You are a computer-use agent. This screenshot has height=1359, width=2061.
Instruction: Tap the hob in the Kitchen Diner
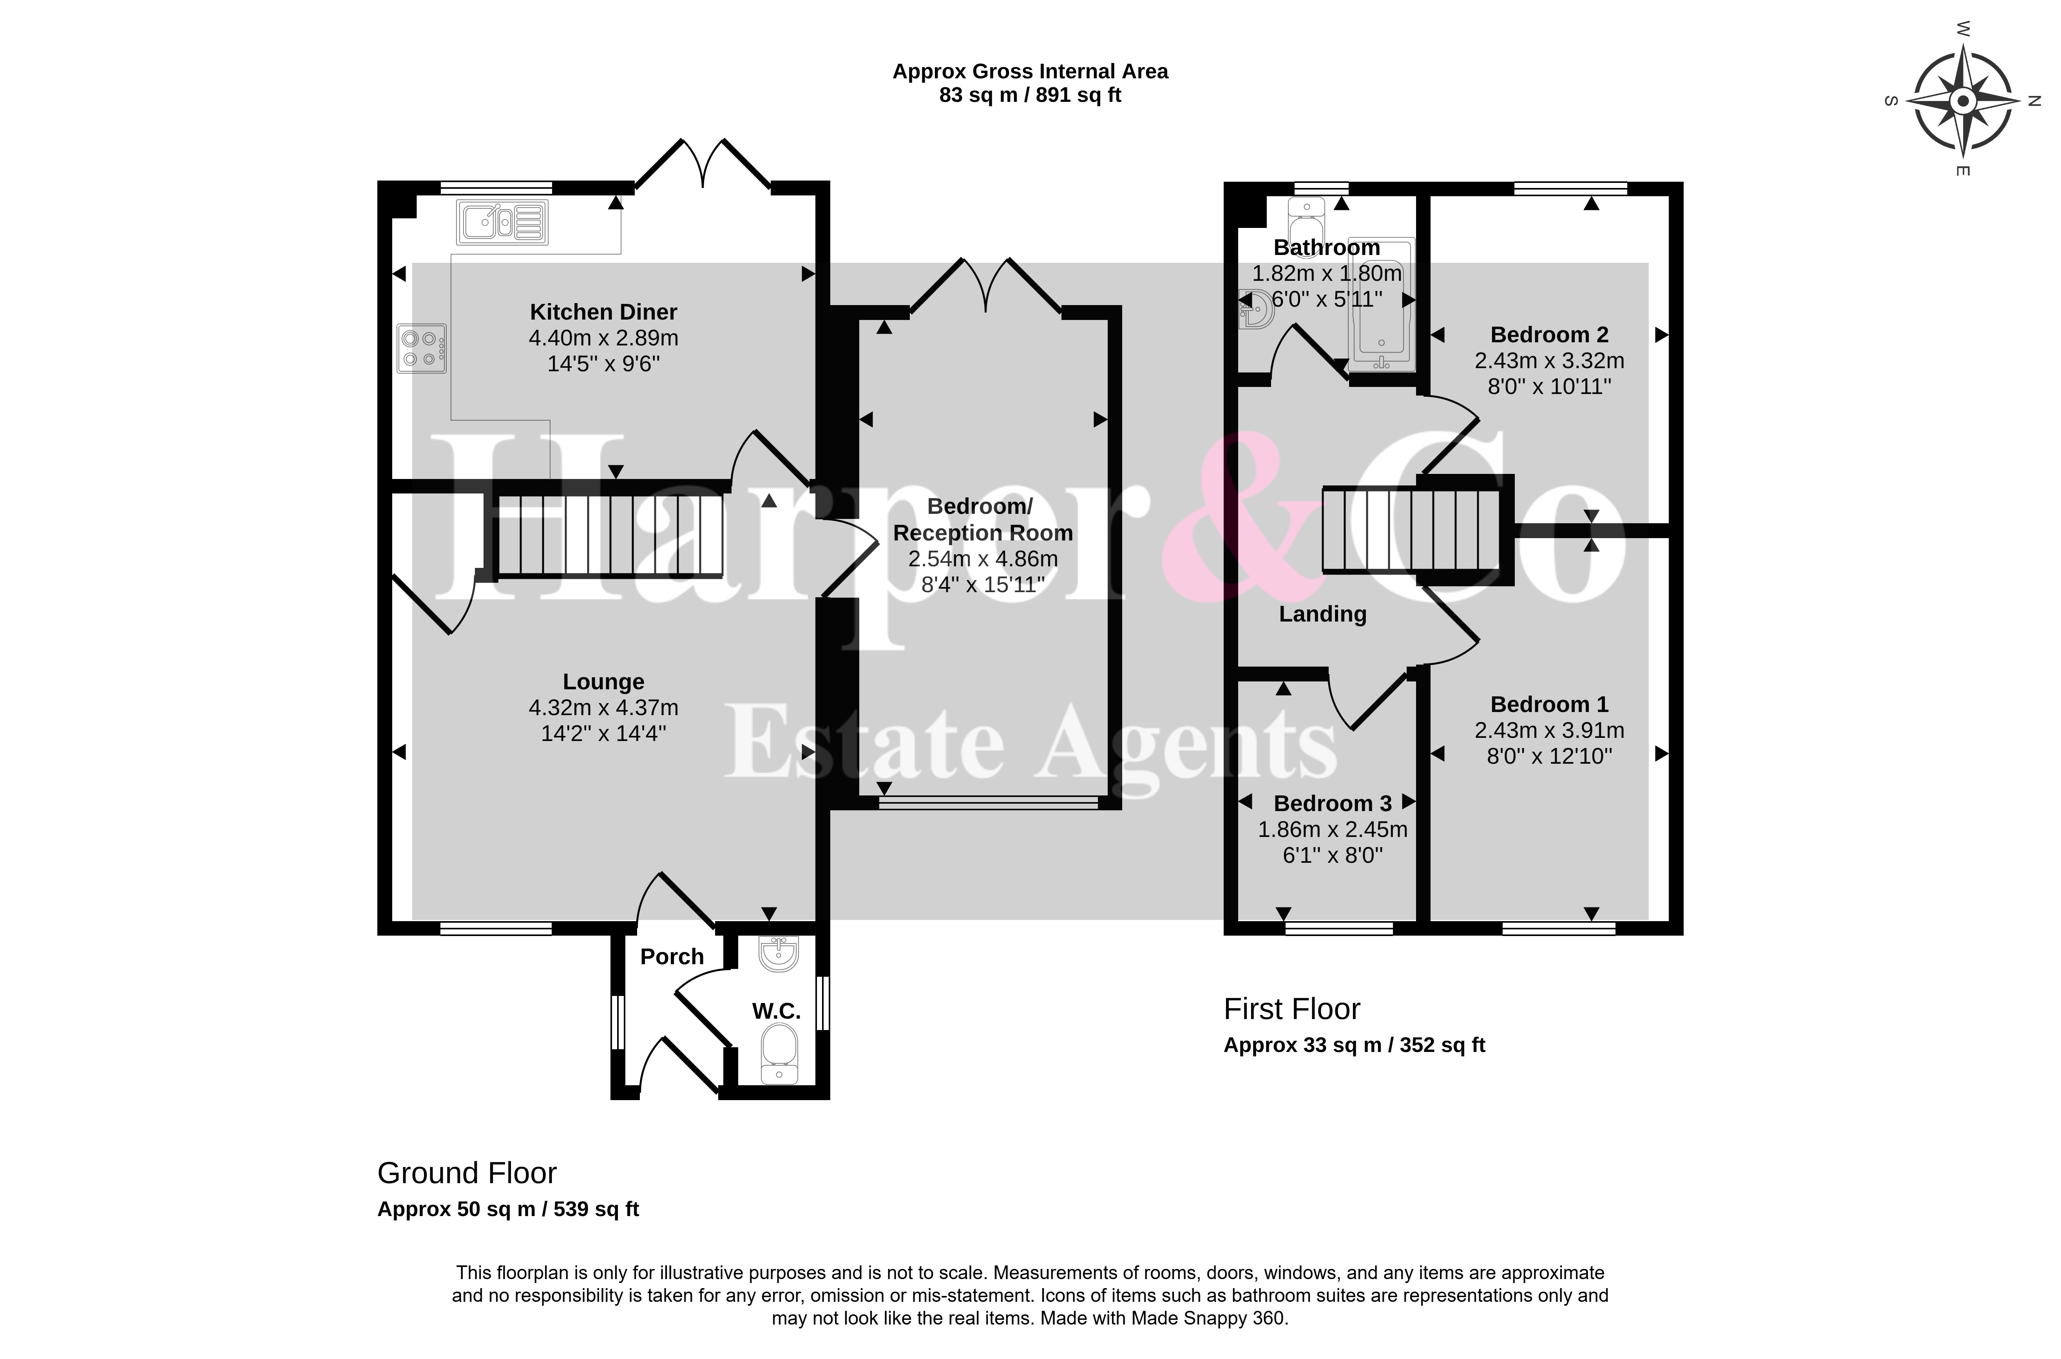click(x=421, y=349)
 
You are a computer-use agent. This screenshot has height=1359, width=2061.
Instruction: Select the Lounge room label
click(x=603, y=682)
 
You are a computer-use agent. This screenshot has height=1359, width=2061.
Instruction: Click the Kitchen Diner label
click(x=603, y=312)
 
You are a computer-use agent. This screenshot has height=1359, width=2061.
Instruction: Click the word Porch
click(x=672, y=957)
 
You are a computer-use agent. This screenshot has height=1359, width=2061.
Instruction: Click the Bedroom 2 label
click(x=1549, y=334)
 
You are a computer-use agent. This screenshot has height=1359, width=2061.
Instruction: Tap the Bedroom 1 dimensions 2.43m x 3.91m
click(x=1549, y=731)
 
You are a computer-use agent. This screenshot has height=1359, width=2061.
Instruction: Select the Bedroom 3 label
click(x=1333, y=803)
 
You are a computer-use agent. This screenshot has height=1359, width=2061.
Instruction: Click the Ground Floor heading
click(x=467, y=1173)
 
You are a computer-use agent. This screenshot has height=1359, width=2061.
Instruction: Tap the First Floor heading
click(x=1292, y=1010)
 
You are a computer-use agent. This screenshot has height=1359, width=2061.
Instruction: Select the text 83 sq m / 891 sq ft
click(x=1030, y=95)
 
